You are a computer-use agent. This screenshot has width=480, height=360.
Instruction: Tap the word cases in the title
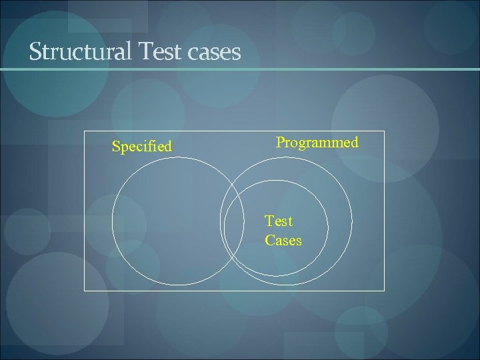(x=215, y=53)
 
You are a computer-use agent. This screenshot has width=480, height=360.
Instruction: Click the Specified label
(x=141, y=146)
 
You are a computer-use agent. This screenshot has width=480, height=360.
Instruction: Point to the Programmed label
(x=317, y=143)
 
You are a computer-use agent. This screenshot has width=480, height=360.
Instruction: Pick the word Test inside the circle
(x=279, y=221)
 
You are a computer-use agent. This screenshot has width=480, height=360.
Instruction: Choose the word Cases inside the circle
(x=283, y=240)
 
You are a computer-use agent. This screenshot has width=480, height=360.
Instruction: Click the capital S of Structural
(x=35, y=51)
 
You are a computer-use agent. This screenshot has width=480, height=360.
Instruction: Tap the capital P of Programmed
(x=281, y=142)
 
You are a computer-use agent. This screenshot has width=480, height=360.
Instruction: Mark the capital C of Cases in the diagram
(x=269, y=240)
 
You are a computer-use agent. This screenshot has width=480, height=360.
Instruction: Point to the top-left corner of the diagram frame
(x=84, y=130)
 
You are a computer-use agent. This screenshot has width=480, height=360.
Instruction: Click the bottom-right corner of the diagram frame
(x=385, y=291)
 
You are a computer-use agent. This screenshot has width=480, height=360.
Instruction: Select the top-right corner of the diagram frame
(x=385, y=130)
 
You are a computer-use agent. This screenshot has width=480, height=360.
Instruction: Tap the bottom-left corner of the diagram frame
(x=84, y=291)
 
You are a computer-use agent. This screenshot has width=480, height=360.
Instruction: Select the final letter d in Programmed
(x=355, y=142)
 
